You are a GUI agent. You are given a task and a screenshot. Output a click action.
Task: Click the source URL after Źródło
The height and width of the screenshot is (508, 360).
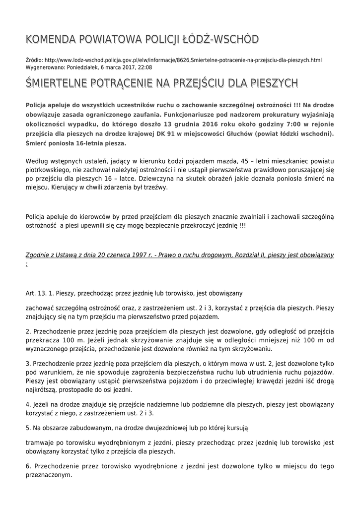click(183, 60)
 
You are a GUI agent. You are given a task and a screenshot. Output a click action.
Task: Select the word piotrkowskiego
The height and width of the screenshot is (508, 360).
click(49, 171)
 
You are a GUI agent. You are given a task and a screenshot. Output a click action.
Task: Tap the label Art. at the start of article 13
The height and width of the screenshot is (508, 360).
click(31, 293)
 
